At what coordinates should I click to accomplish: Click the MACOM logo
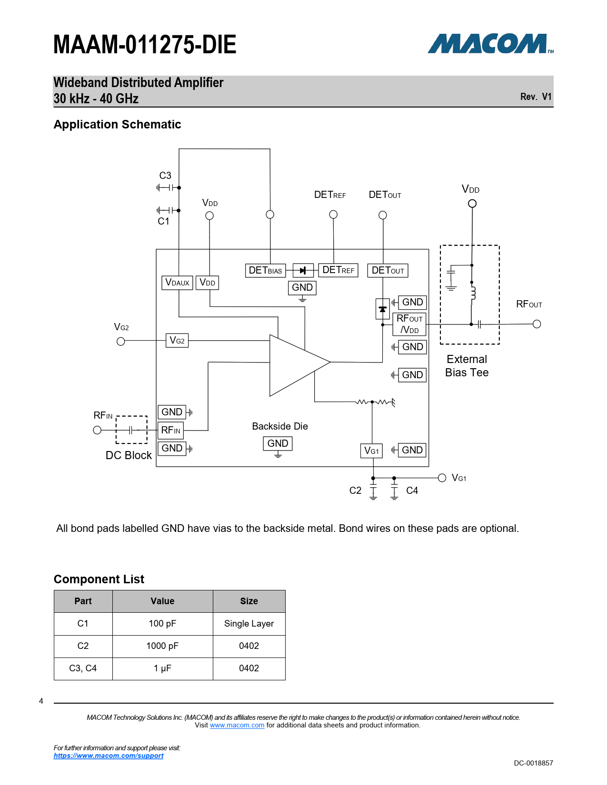coord(490,44)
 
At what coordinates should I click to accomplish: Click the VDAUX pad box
coord(177,283)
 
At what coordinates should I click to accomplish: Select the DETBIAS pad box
coord(265,270)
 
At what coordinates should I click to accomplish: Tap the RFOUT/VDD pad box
coord(409,324)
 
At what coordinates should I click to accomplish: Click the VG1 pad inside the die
coord(371,451)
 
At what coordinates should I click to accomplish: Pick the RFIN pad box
coord(170,430)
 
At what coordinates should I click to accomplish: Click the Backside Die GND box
coord(278,443)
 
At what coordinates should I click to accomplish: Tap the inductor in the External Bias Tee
coord(473,293)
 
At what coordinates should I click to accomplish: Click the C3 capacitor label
coord(165,176)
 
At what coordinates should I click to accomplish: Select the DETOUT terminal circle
coord(382,216)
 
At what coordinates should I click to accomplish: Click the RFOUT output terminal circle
coord(537,324)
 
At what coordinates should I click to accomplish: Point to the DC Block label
coord(129,455)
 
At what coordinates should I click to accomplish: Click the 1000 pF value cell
coord(162,646)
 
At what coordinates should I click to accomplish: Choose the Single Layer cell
coord(249,623)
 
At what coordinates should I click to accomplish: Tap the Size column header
coord(249,601)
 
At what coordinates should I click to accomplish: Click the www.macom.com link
coord(237,725)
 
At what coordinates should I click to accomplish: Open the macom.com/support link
coord(109,756)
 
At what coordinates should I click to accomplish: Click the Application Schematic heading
coord(118,124)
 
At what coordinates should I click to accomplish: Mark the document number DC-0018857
coord(533,763)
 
